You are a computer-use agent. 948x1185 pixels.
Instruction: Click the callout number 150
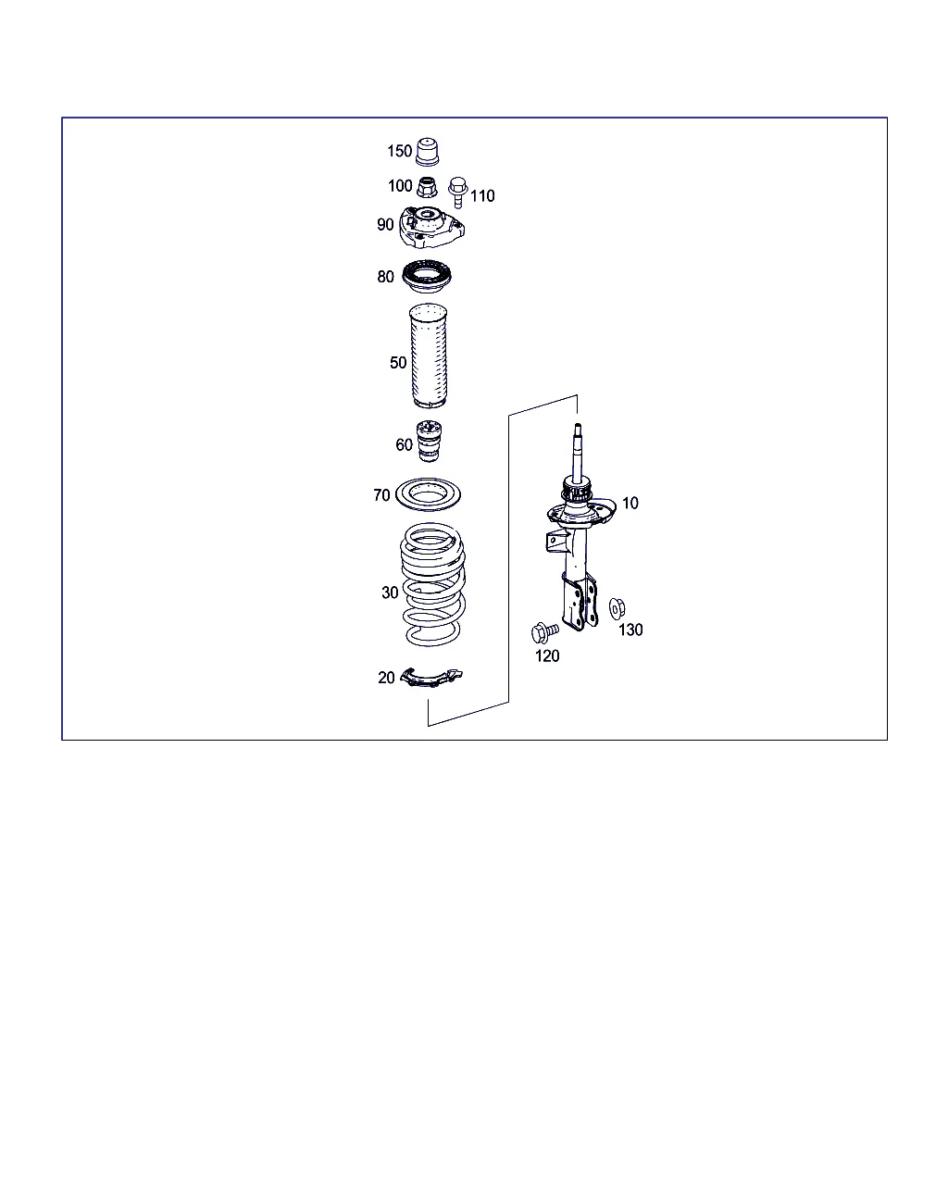pos(399,151)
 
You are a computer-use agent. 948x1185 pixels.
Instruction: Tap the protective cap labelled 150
pos(428,152)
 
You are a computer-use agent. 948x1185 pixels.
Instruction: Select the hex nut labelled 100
pos(427,187)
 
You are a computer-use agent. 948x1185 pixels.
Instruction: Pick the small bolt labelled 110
pos(457,193)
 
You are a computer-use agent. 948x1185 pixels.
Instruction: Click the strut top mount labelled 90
pos(431,227)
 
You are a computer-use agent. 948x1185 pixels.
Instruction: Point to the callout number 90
pos(385,225)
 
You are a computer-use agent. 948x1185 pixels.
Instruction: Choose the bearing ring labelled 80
pos(427,276)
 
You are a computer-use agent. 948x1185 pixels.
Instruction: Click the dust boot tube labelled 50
pos(428,355)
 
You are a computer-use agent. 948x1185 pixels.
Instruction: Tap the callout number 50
pos(398,363)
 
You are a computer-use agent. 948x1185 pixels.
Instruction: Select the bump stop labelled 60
pos(429,442)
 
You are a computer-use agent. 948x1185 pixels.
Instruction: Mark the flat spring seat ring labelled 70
pos(428,494)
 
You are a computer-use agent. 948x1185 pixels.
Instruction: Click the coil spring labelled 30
pos(432,584)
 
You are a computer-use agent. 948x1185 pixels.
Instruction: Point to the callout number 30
pos(390,593)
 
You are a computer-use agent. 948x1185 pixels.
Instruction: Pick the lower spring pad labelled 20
pos(430,678)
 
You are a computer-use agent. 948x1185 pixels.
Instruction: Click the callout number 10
pos(630,504)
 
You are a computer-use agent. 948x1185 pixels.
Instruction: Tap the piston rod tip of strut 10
pos(578,426)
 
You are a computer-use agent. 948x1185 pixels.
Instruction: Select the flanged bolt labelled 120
pos(544,632)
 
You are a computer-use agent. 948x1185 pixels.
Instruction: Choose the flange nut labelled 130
pos(617,608)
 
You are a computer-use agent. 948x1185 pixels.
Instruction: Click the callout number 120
pos(547,656)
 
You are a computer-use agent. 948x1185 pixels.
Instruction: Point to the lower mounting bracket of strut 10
pos(579,603)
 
